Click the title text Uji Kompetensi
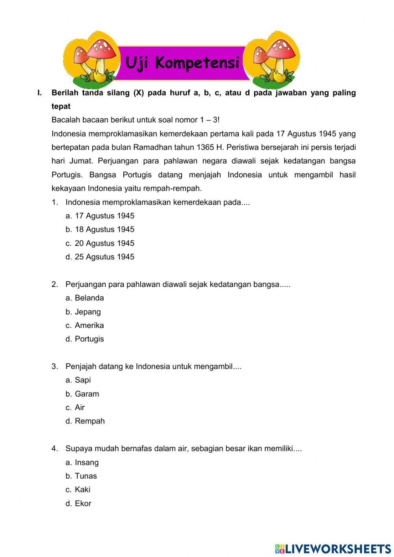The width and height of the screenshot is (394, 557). point(182,63)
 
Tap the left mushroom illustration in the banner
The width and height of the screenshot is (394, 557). point(93,59)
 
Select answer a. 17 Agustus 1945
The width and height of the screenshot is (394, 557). point(100,216)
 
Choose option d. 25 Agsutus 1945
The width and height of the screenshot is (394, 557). point(100,257)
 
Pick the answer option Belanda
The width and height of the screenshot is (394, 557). point(85,298)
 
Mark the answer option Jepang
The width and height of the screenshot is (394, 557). point(84,312)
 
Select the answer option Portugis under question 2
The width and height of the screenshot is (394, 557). point(85,339)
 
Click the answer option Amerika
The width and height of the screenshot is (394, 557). point(85,326)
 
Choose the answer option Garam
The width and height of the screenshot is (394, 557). point(83,394)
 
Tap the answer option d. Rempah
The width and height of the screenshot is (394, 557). point(85,421)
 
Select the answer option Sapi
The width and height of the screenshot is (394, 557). point(78,380)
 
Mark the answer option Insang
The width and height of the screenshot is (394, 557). point(82,462)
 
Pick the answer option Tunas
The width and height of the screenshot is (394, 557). point(82,476)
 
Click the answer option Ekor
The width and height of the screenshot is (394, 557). point(79,503)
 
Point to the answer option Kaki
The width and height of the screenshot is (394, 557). point(78,490)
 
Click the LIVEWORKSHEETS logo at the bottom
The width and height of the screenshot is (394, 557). point(333,549)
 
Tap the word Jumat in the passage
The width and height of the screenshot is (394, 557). point(81,161)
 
